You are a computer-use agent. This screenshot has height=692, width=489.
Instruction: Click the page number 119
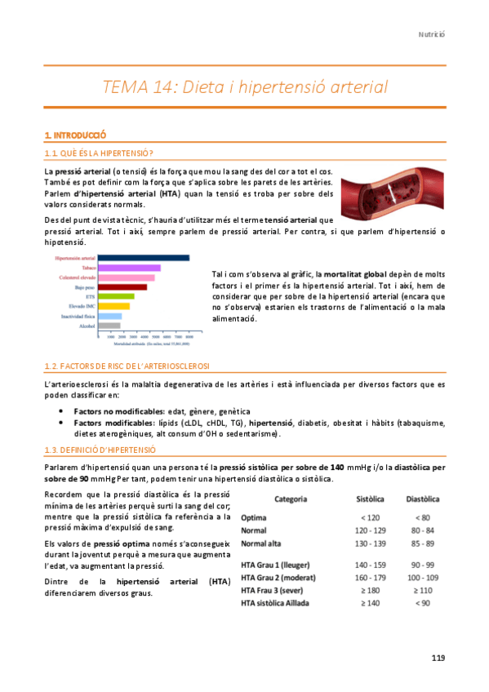[438, 659]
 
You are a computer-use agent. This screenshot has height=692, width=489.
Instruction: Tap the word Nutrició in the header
[432, 34]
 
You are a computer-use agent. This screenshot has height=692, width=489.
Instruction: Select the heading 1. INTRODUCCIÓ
[76, 135]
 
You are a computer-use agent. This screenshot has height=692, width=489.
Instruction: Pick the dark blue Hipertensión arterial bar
[143, 258]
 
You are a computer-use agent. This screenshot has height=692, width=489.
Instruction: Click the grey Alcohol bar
[109, 326]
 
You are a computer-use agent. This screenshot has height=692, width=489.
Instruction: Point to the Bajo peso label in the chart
[82, 287]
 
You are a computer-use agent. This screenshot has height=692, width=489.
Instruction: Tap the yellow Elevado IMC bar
[113, 306]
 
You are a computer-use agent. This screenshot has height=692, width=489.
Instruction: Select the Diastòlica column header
[423, 499]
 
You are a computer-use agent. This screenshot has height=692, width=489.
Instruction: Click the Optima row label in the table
[255, 518]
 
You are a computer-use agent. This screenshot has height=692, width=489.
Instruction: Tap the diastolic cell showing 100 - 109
[422, 578]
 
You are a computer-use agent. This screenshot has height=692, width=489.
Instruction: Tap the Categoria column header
[291, 499]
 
